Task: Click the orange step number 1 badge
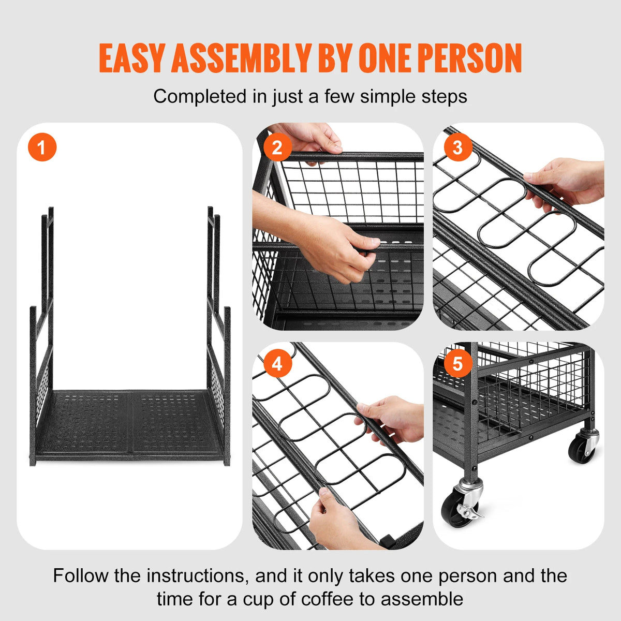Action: [42, 147]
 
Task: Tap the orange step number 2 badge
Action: [277, 147]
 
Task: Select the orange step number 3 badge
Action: [457, 147]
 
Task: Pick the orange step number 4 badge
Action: [277, 364]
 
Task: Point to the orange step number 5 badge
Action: [457, 364]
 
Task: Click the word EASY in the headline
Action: [132, 58]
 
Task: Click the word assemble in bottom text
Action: [422, 599]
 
